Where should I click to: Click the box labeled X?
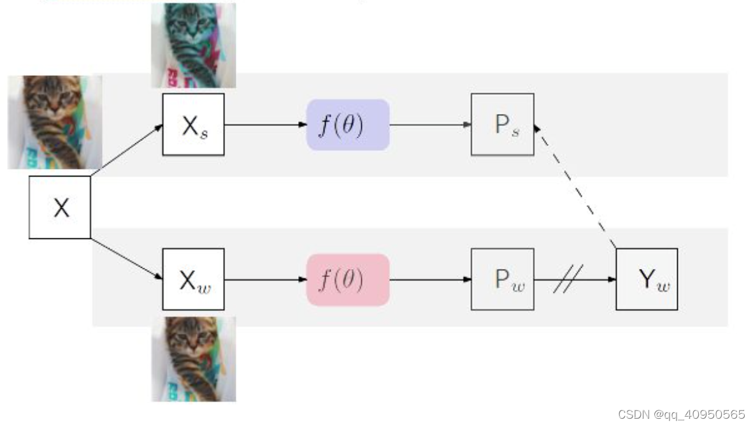coord(60,208)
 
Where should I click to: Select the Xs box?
coord(194,125)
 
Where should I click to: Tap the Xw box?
coord(194,280)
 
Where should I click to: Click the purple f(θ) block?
coord(348,125)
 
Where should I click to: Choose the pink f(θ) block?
coord(348,280)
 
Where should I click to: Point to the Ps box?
coord(503,125)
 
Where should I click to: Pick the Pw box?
coord(503,280)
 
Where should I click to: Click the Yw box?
coord(647,280)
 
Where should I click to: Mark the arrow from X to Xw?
coord(126,259)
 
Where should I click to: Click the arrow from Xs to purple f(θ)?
coord(265,125)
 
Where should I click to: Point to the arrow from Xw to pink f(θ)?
coord(265,280)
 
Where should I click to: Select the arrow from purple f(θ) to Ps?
coord(430,125)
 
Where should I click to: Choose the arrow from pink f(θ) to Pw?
coord(430,280)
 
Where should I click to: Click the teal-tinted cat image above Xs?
coord(194,45)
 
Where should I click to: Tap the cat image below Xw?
coord(194,359)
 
